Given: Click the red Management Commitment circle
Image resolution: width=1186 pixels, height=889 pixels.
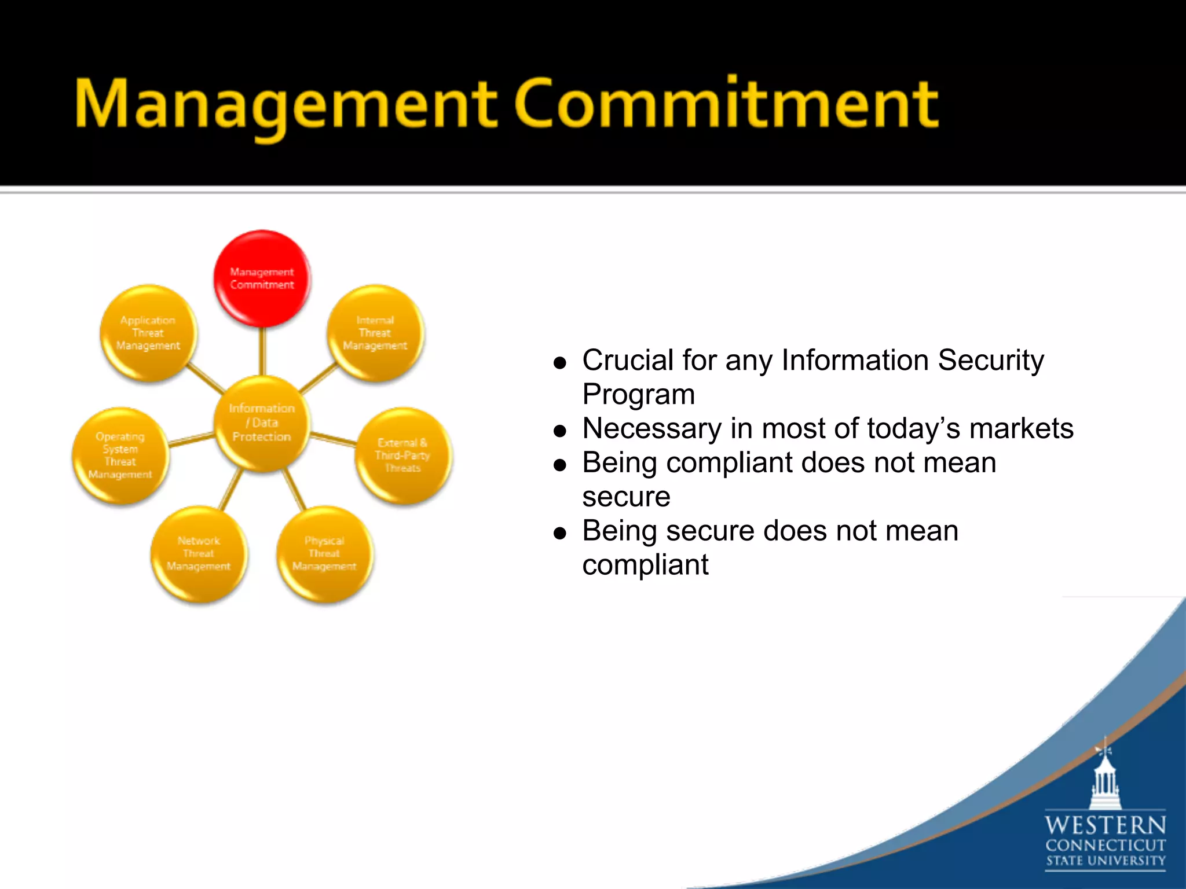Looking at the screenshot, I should (x=262, y=278).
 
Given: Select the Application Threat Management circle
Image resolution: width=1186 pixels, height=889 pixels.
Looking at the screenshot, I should (x=148, y=333).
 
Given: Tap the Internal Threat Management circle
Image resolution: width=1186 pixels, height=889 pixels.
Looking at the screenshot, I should (x=375, y=333).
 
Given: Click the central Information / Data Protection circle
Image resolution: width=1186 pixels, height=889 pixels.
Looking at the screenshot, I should (x=262, y=423).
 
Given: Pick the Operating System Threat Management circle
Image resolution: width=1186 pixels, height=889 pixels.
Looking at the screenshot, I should (x=120, y=455).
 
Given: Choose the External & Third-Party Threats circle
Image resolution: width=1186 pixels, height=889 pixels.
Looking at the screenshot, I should (x=402, y=455).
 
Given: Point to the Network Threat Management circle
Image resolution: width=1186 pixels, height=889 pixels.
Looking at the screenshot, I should (x=199, y=554).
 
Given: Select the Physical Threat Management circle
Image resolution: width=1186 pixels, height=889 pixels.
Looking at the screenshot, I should (x=324, y=554).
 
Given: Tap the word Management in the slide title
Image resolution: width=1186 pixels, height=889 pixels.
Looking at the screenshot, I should (x=285, y=105).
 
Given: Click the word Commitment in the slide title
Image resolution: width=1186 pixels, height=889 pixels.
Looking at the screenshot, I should (x=726, y=105).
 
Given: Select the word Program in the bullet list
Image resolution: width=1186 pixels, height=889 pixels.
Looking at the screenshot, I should (x=638, y=395).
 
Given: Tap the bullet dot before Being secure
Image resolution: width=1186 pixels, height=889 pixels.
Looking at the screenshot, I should (x=559, y=533).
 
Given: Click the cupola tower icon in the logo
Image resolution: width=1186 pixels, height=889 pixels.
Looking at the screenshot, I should (x=1105, y=778).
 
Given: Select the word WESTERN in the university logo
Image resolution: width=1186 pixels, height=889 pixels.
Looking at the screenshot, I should (x=1105, y=825).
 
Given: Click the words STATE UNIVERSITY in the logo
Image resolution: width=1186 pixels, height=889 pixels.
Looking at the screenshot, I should (x=1105, y=861).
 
